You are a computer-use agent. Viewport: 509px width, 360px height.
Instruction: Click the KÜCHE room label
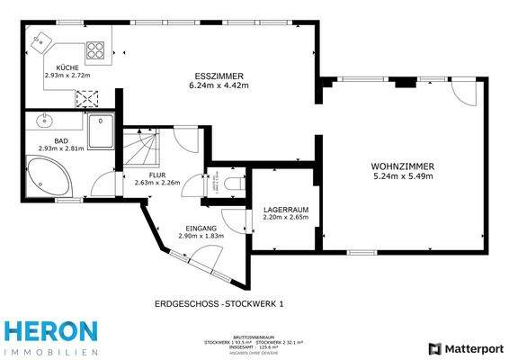(x=67, y=68)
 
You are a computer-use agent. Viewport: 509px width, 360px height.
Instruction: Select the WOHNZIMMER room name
(x=403, y=166)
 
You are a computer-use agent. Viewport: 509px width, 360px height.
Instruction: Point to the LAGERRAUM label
(x=285, y=209)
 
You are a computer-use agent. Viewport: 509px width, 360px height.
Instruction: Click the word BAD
(x=60, y=141)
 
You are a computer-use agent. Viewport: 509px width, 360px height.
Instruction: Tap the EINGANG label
(x=201, y=229)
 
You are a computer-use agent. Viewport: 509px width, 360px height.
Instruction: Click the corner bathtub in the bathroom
(x=48, y=175)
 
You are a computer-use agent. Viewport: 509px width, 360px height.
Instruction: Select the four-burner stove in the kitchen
(x=87, y=99)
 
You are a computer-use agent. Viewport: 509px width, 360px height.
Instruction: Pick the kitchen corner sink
(x=43, y=40)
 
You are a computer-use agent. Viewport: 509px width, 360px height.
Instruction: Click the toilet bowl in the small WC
(x=236, y=184)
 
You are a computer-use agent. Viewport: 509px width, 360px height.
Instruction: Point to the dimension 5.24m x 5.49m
(x=403, y=176)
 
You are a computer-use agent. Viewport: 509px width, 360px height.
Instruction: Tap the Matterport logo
(x=464, y=347)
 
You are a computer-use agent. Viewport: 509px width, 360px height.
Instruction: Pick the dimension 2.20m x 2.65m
(x=285, y=217)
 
